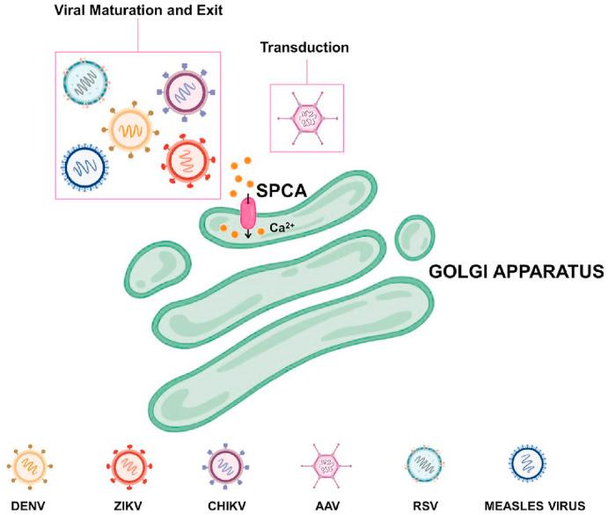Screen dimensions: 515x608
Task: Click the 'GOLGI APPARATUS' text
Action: pos(515,273)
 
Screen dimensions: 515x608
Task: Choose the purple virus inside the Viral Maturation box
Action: pos(185,92)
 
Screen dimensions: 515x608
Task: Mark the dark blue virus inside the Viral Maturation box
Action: pos(86,166)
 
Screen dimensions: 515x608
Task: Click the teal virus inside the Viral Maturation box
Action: pos(86,85)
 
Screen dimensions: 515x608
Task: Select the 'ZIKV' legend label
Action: pos(128,503)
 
